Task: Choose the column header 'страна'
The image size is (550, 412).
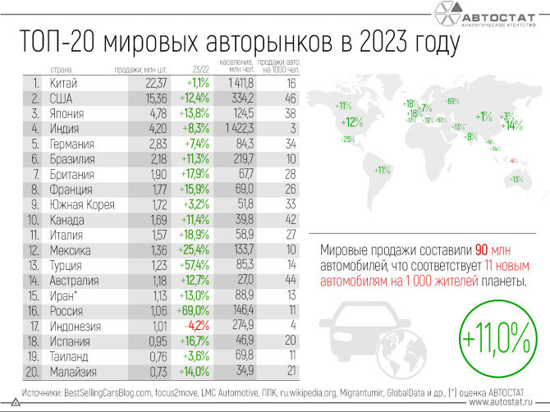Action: point(61,70)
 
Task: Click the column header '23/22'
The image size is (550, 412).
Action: point(201,70)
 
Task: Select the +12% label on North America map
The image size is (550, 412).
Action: point(351,122)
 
